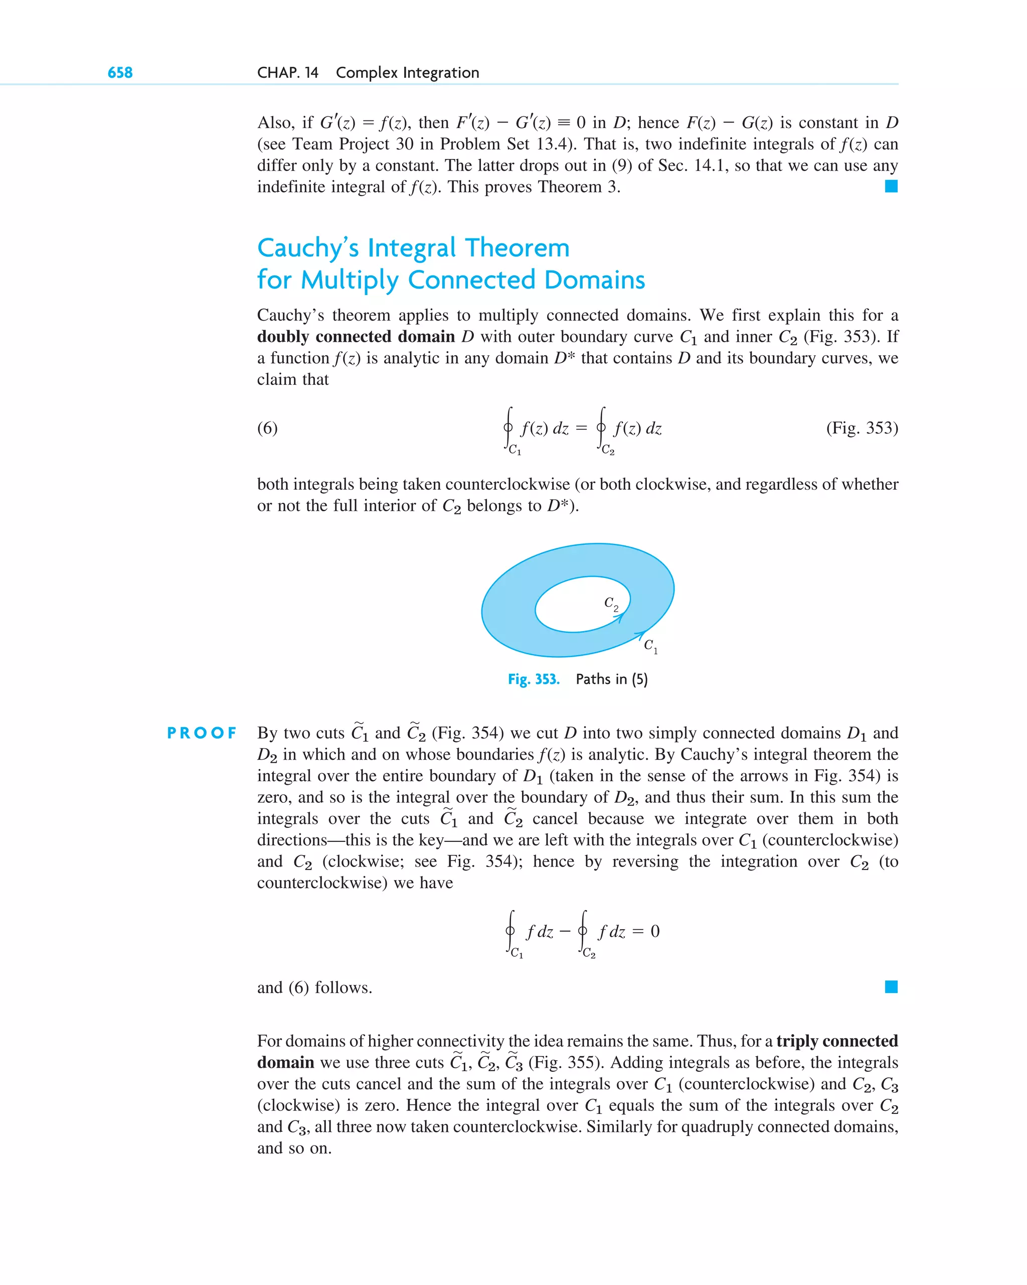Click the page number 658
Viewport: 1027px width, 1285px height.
tap(120, 73)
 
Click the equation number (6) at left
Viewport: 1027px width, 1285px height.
tap(267, 428)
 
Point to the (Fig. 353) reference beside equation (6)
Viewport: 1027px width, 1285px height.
tap(862, 428)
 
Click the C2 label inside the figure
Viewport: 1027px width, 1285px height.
tap(611, 603)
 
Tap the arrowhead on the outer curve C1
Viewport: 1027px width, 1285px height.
tap(640, 635)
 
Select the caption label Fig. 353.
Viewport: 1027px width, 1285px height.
tap(533, 679)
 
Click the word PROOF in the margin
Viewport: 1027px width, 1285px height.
tap(202, 733)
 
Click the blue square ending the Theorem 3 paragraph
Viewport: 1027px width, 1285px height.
tap(891, 187)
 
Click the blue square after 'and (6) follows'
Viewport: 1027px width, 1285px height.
tap(891, 987)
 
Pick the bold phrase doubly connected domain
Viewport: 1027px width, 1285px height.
tap(356, 337)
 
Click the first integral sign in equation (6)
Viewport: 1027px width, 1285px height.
tap(508, 427)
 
